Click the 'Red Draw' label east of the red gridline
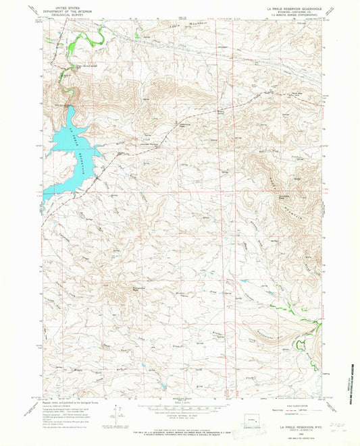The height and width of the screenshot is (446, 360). (263, 154)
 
